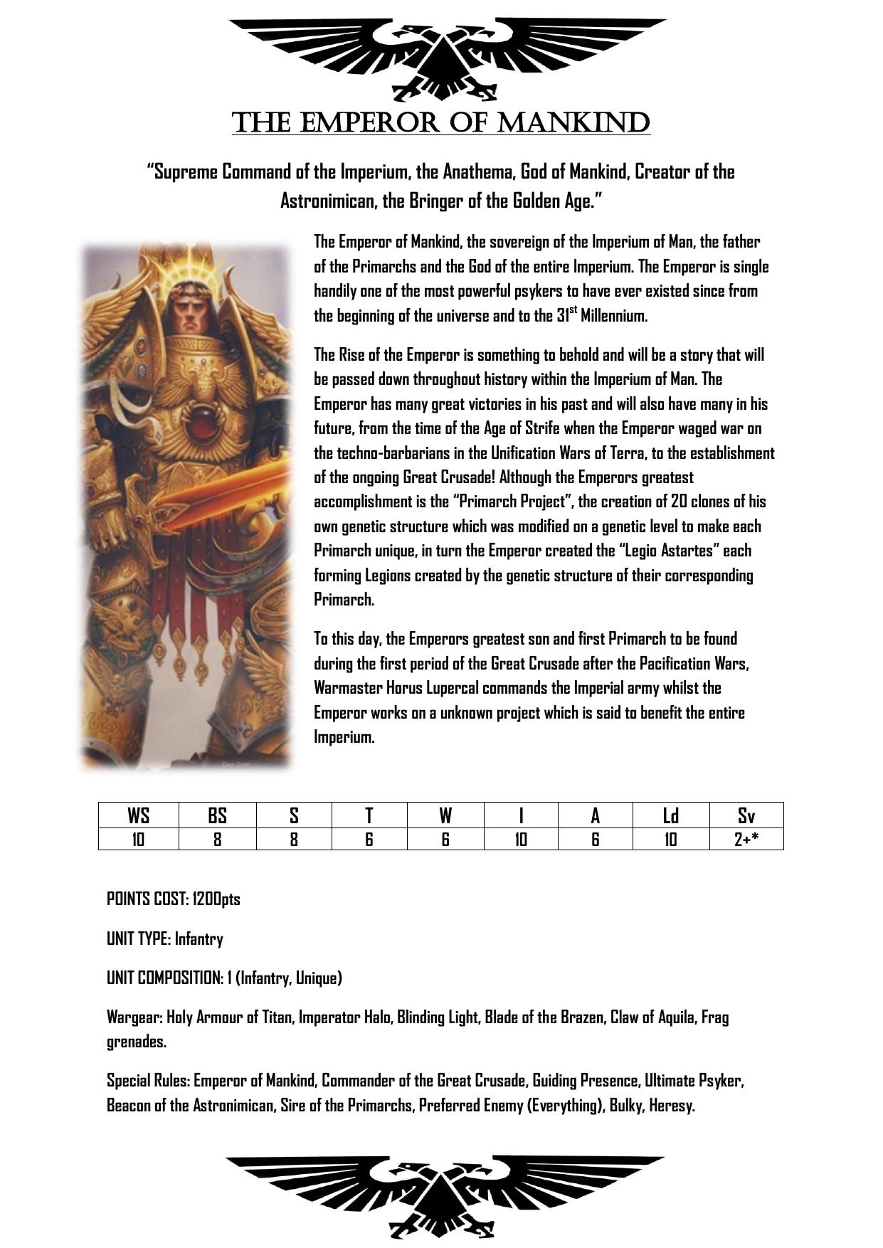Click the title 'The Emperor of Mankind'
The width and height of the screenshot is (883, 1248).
(440, 122)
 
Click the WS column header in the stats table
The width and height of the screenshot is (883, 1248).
(138, 815)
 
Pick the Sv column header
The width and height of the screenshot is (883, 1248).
(746, 815)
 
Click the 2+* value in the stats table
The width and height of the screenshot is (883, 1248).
(746, 840)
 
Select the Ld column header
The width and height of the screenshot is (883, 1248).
(670, 815)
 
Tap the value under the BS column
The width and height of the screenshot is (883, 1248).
(217, 840)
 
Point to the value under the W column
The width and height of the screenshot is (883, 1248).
(445, 840)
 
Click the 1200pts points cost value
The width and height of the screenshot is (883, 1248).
(216, 899)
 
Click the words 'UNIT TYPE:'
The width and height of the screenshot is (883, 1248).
(139, 939)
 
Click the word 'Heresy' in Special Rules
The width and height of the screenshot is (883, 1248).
(671, 1106)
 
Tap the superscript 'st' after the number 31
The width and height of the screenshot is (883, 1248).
(573, 310)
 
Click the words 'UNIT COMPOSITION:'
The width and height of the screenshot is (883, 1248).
(165, 978)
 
